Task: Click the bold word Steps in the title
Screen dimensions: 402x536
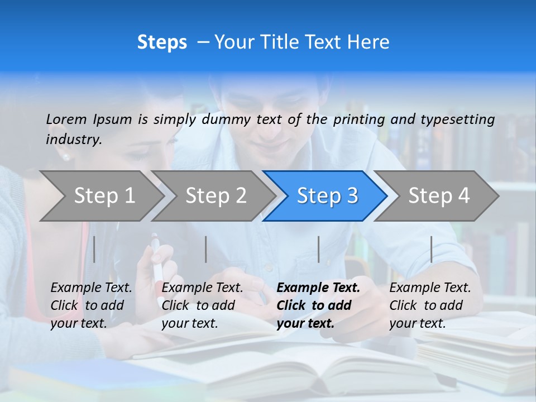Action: pyautogui.click(x=162, y=42)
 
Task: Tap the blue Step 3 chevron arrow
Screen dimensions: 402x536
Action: pyautogui.click(x=327, y=195)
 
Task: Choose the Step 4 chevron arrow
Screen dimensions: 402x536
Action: pyautogui.click(x=439, y=195)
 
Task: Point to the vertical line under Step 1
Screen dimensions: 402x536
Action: pyautogui.click(x=94, y=249)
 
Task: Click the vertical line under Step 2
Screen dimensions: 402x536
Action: pyautogui.click(x=206, y=249)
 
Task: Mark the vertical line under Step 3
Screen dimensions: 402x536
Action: pyautogui.click(x=318, y=249)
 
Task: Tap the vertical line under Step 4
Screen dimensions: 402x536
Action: pyautogui.click(x=431, y=249)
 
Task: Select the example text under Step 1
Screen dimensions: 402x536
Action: pyautogui.click(x=91, y=305)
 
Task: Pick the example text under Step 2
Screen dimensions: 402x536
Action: pyautogui.click(x=202, y=305)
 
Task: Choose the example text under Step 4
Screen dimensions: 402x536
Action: pyautogui.click(x=430, y=305)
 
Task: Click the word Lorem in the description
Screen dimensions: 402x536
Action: pyautogui.click(x=66, y=119)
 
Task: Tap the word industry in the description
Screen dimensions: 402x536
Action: pyautogui.click(x=73, y=139)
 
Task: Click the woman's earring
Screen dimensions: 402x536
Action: pyautogui.click(x=66, y=157)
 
